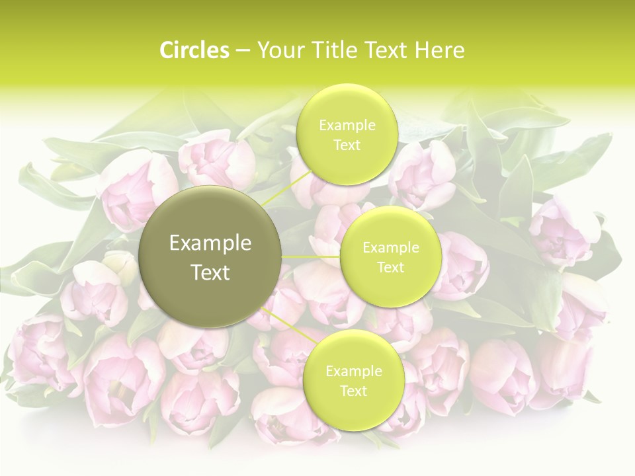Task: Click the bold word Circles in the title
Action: point(194,50)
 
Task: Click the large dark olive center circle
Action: point(210,291)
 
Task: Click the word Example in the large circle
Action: point(210,243)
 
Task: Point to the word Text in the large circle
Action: point(210,272)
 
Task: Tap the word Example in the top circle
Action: point(347,126)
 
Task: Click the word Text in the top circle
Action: point(347,145)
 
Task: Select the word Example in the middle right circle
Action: point(390,248)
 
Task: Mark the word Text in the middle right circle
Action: point(390,268)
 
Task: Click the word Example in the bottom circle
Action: point(353,372)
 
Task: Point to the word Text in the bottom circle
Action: point(353,391)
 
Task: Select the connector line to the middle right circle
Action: point(311,257)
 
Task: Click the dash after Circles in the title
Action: point(242,51)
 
